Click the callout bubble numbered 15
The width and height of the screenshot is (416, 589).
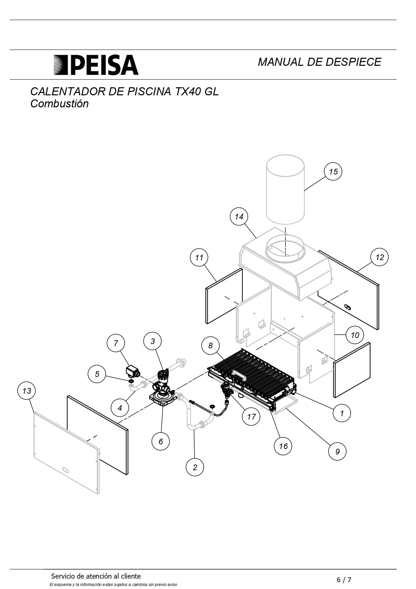click(x=333, y=171)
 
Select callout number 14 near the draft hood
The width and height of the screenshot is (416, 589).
click(x=239, y=216)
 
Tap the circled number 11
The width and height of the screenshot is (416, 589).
click(x=199, y=257)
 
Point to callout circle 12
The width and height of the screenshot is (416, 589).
click(x=379, y=257)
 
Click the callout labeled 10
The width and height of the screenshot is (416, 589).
click(x=355, y=335)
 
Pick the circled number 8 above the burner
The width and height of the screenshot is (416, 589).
click(x=210, y=345)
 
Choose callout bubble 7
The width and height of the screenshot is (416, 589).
click(x=116, y=343)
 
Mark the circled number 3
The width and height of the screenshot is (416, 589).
click(x=153, y=341)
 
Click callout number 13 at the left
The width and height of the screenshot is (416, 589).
click(x=27, y=391)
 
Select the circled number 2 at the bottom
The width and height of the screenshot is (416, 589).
click(x=195, y=467)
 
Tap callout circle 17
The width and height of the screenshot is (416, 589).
click(x=251, y=416)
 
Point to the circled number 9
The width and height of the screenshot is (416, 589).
click(x=337, y=451)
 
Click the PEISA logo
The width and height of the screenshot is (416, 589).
click(x=96, y=65)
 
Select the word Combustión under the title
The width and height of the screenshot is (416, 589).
click(x=59, y=104)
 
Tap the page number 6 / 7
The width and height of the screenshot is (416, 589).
click(x=344, y=580)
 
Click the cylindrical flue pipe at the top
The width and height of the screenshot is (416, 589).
click(x=285, y=190)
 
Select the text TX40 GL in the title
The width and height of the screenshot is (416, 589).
click(x=197, y=91)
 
